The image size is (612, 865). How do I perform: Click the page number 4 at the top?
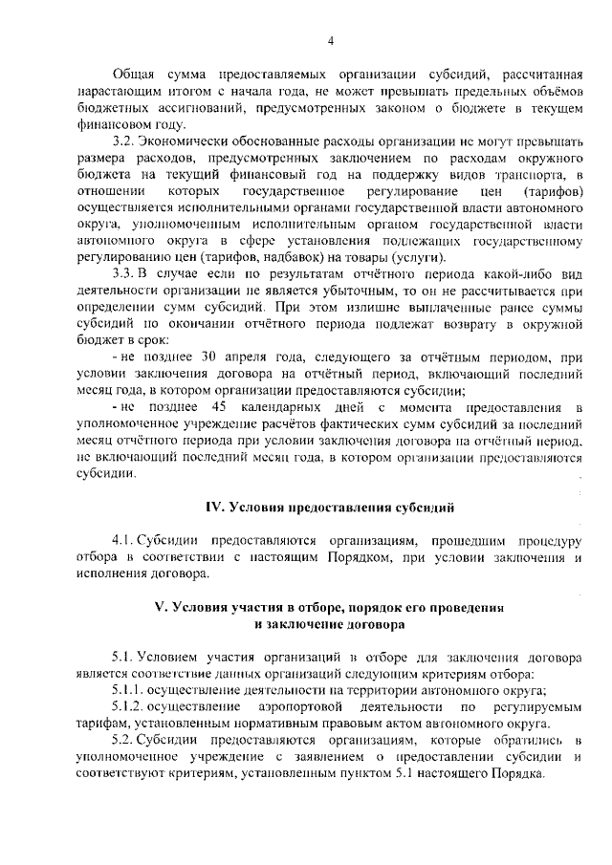(x=330, y=40)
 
